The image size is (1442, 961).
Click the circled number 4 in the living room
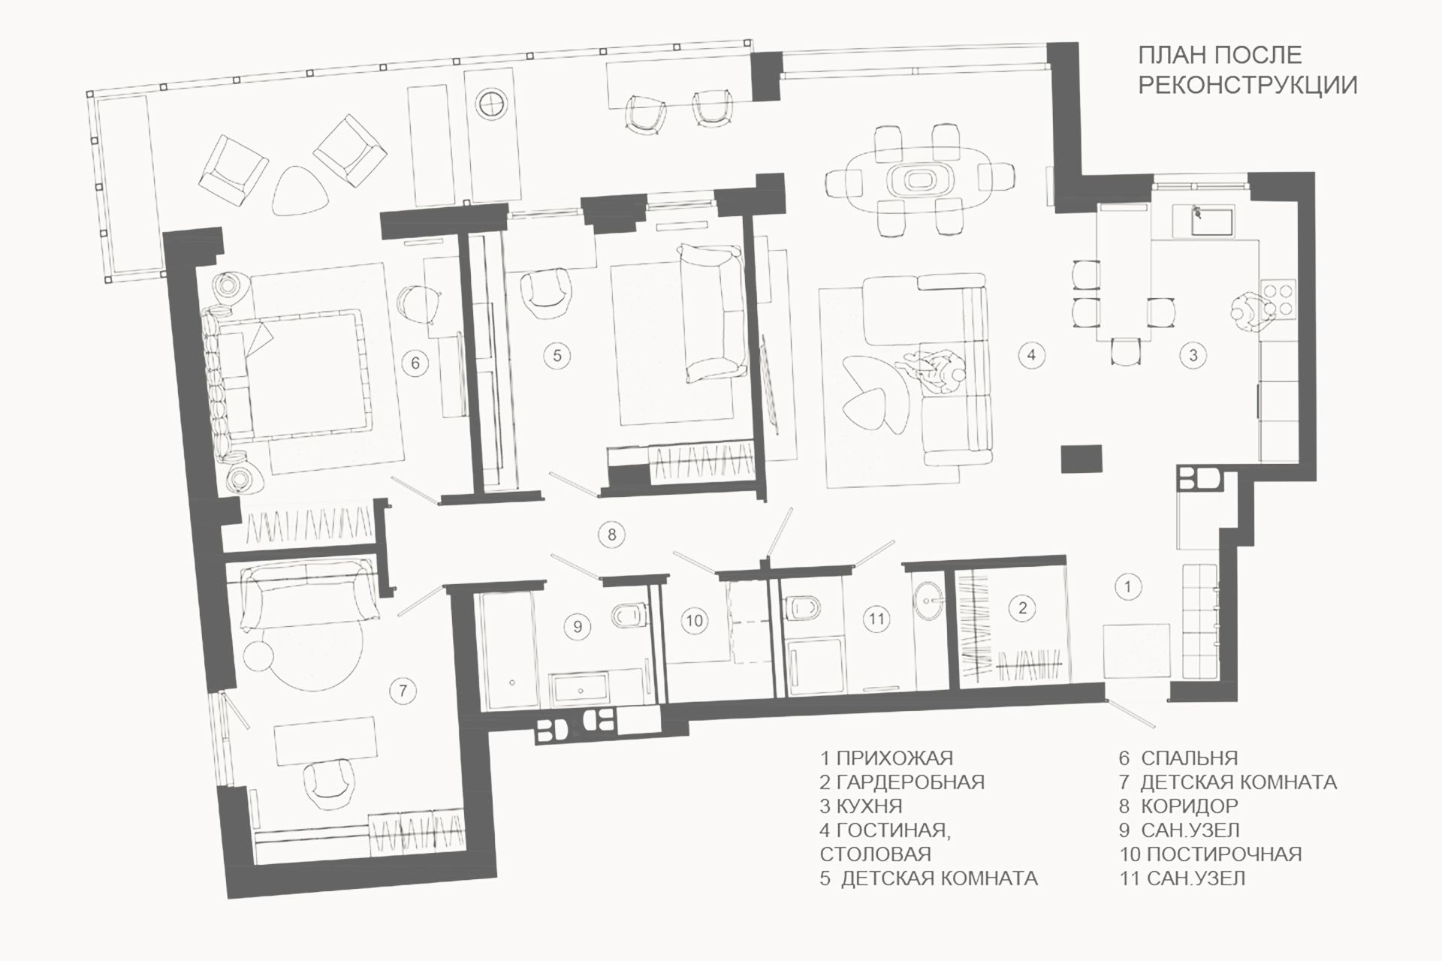[x=1031, y=354]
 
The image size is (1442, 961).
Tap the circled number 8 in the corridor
[x=612, y=535]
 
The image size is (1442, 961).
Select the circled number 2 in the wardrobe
[x=1022, y=608]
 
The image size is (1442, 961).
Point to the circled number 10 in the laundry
[x=695, y=620]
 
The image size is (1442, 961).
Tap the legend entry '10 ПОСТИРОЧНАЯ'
[x=1211, y=854]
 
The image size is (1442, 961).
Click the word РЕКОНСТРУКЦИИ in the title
[x=1247, y=85]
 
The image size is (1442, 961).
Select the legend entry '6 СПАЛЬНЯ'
[x=1178, y=758]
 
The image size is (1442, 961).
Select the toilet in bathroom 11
[x=799, y=607]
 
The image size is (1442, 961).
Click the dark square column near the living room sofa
[x=1081, y=459]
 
